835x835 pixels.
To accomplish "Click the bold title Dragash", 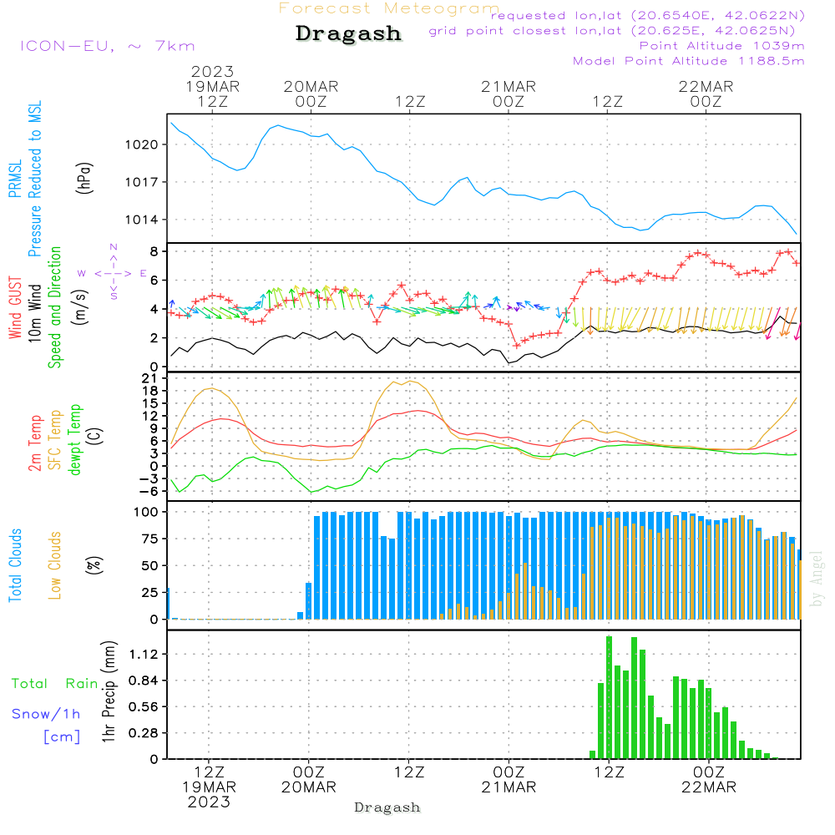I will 348,34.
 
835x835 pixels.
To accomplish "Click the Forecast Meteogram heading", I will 389,8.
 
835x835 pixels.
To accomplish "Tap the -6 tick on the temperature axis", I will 151,491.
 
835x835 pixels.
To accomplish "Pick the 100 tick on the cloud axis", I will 147,512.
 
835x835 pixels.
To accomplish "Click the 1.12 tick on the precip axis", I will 145,654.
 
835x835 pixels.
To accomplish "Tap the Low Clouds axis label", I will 55,565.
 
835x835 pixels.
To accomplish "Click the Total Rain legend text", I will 55,684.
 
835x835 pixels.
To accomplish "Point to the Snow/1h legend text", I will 46,714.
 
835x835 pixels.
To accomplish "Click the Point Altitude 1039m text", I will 721,45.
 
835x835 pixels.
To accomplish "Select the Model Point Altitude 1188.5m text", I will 689,61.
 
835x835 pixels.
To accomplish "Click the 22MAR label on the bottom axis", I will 709,787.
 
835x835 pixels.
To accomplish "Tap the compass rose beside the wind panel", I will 113,272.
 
